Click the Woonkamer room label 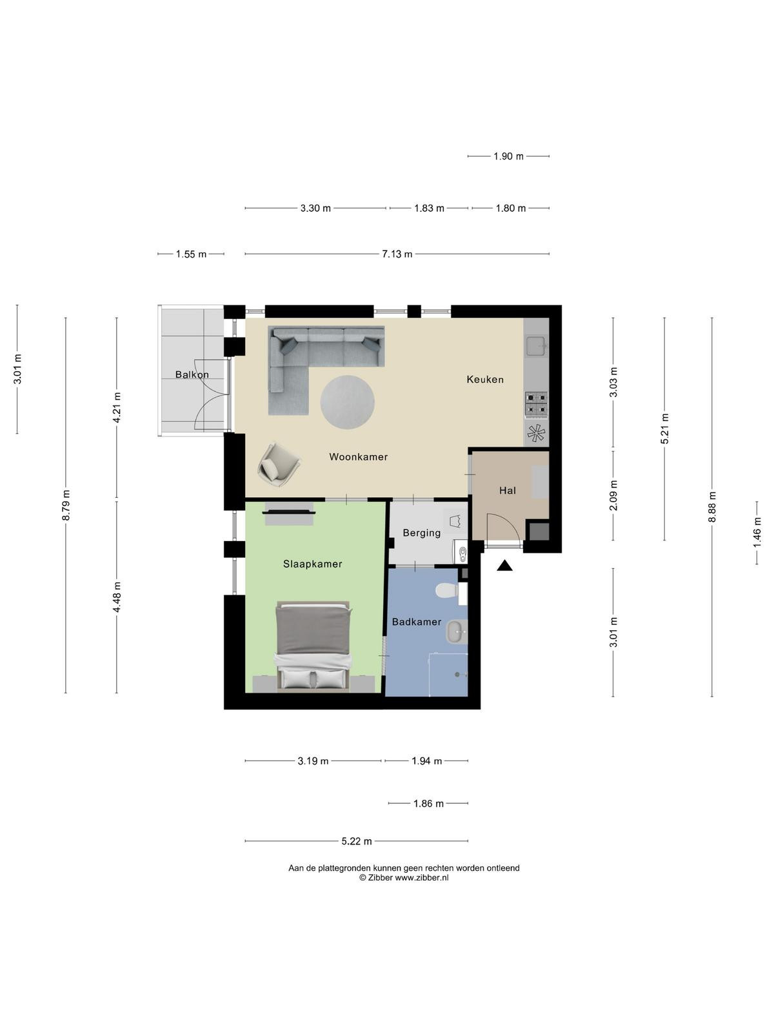coord(358,456)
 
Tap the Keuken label coord(485,380)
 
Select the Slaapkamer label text coord(313,564)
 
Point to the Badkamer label coord(417,622)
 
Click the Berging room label coord(422,533)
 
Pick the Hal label coord(508,491)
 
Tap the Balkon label coord(192,374)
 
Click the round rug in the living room coord(347,402)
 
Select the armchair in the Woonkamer coord(279,464)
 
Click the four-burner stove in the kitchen coord(536,405)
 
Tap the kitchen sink coord(536,346)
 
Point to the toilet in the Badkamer coord(448,591)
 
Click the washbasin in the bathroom coord(456,631)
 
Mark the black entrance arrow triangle coord(505,566)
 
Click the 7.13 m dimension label coord(397,254)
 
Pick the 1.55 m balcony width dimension coord(191,254)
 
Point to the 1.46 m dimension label coord(757,532)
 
